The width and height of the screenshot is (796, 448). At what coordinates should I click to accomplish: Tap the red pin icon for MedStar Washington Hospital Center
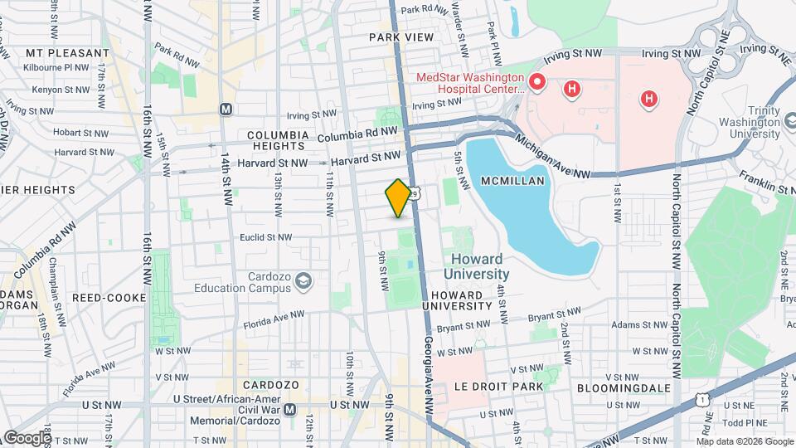(x=536, y=82)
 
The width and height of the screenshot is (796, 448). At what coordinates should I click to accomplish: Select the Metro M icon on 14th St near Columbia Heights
(x=226, y=109)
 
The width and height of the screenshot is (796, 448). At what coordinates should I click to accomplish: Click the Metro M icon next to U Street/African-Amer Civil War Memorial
(x=289, y=410)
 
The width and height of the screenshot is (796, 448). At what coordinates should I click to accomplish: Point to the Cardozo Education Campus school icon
(x=303, y=281)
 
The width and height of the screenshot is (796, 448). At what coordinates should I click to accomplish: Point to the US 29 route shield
(x=423, y=192)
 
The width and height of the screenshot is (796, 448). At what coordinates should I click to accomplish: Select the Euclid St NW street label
(x=265, y=237)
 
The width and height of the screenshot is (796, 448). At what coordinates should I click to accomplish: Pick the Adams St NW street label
(x=639, y=325)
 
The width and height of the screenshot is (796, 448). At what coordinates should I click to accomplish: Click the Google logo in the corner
(x=27, y=436)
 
